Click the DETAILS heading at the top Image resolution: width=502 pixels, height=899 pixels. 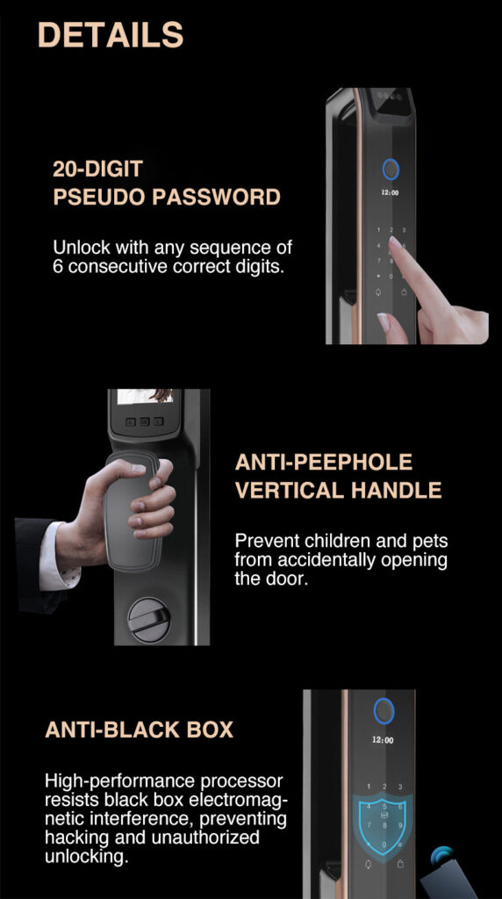pyautogui.click(x=111, y=34)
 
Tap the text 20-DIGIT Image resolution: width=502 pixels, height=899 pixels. pyautogui.click(x=97, y=169)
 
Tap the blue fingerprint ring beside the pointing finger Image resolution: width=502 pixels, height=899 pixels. pyautogui.click(x=391, y=169)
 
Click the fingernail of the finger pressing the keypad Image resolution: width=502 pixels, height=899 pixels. pyautogui.click(x=395, y=242)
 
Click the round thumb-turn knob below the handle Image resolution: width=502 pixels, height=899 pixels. pyautogui.click(x=148, y=620)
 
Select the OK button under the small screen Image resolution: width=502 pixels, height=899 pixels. pyautogui.click(x=145, y=422)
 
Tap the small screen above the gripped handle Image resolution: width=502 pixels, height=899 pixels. pyautogui.click(x=145, y=396)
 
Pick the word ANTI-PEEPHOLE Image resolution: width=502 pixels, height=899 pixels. pyautogui.click(x=324, y=462)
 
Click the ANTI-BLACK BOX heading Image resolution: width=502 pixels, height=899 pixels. pyautogui.click(x=140, y=730)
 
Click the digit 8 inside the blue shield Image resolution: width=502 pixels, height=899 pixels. pyautogui.click(x=384, y=823)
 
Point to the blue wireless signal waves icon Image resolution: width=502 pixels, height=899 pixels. pyautogui.click(x=443, y=857)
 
